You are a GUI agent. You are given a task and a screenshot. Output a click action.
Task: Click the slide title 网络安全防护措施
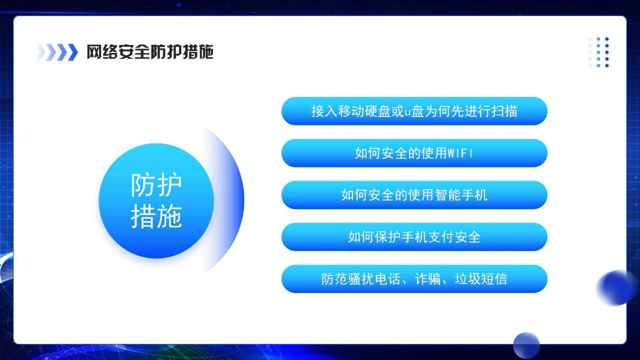[150, 52]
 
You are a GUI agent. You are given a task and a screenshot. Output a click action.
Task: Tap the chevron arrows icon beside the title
[57, 52]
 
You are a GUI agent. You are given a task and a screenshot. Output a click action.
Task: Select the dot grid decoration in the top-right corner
[599, 52]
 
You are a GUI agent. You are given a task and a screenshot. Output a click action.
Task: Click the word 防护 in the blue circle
[156, 185]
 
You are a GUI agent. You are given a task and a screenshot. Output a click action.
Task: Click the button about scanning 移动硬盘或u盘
[414, 111]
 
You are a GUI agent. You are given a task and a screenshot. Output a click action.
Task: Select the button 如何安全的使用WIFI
[414, 153]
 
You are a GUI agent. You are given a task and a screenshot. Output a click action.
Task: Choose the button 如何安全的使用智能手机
[414, 195]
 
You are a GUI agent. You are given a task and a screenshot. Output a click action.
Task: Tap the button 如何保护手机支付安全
[414, 237]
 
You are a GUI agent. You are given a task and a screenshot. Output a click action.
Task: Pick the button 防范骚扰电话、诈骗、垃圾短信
[414, 279]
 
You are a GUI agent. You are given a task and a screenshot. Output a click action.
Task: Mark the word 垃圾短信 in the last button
[481, 279]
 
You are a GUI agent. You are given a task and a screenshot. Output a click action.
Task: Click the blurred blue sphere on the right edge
[616, 287]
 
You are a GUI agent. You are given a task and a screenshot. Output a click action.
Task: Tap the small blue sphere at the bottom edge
[526, 345]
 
